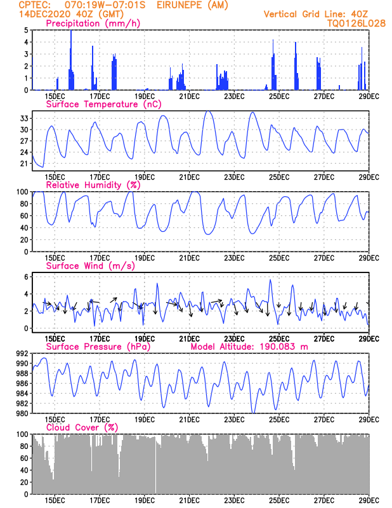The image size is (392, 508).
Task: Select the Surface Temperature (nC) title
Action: click(x=96, y=104)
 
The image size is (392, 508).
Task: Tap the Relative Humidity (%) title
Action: click(x=93, y=185)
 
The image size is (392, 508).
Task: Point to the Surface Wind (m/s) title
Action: click(x=89, y=266)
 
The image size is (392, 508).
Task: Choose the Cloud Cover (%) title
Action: click(x=82, y=428)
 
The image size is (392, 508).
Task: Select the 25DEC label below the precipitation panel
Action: click(x=280, y=97)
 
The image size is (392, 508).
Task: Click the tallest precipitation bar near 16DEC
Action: click(x=70, y=60)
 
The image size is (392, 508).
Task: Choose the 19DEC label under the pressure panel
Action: click(x=145, y=420)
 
